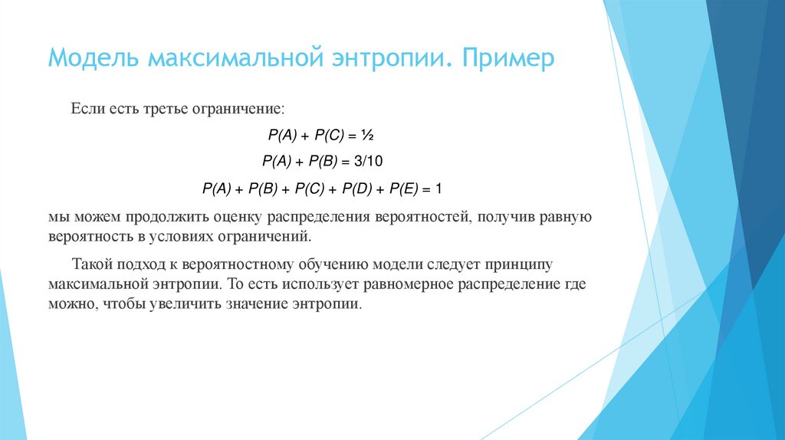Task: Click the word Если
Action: click(87, 110)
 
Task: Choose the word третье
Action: click(166, 110)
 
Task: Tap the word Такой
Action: click(94, 265)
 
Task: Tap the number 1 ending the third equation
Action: click(439, 188)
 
